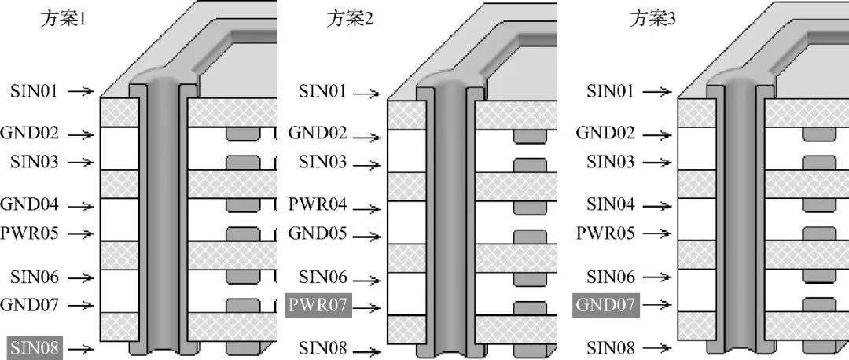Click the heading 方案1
point(63,20)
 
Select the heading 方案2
point(350,20)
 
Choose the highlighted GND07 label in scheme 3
point(605,305)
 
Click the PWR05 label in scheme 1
point(30,234)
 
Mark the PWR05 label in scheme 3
point(605,234)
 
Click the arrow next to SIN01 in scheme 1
point(80,92)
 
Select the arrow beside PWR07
point(367,305)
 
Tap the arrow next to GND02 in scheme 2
point(367,134)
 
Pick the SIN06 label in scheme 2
point(322,277)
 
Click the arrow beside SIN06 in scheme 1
point(80,277)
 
